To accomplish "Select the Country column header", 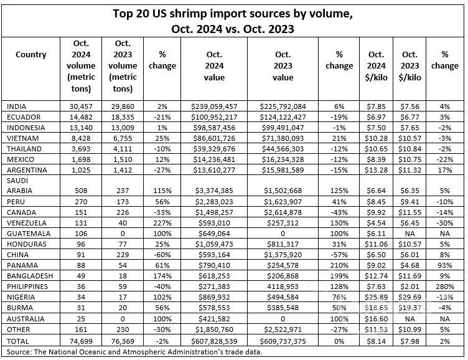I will tap(31, 55).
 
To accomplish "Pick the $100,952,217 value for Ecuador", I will tap(214, 116).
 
